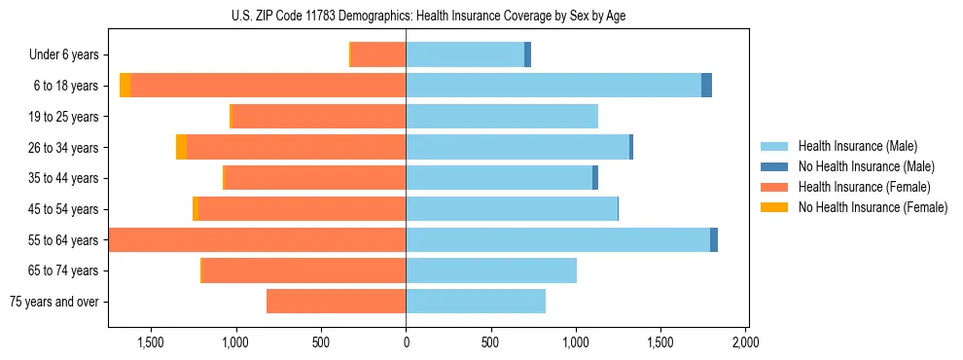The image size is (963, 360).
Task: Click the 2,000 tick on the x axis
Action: click(745, 342)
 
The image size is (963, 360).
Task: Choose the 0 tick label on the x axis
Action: click(406, 342)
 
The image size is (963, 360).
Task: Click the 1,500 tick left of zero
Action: click(151, 342)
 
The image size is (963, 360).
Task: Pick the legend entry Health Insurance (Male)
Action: click(857, 147)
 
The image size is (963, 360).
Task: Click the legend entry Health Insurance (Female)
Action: click(864, 187)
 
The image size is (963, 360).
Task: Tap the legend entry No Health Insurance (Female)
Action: click(873, 207)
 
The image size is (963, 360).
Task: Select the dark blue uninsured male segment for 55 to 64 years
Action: click(714, 239)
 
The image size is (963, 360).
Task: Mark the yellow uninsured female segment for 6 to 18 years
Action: click(125, 86)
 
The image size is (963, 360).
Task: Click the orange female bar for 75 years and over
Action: click(336, 302)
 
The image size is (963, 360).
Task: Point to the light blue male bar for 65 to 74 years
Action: click(491, 270)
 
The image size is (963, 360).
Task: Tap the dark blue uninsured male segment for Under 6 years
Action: click(527, 54)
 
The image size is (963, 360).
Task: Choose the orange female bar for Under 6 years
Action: click(378, 54)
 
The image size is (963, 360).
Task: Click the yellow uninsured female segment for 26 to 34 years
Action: click(181, 147)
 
